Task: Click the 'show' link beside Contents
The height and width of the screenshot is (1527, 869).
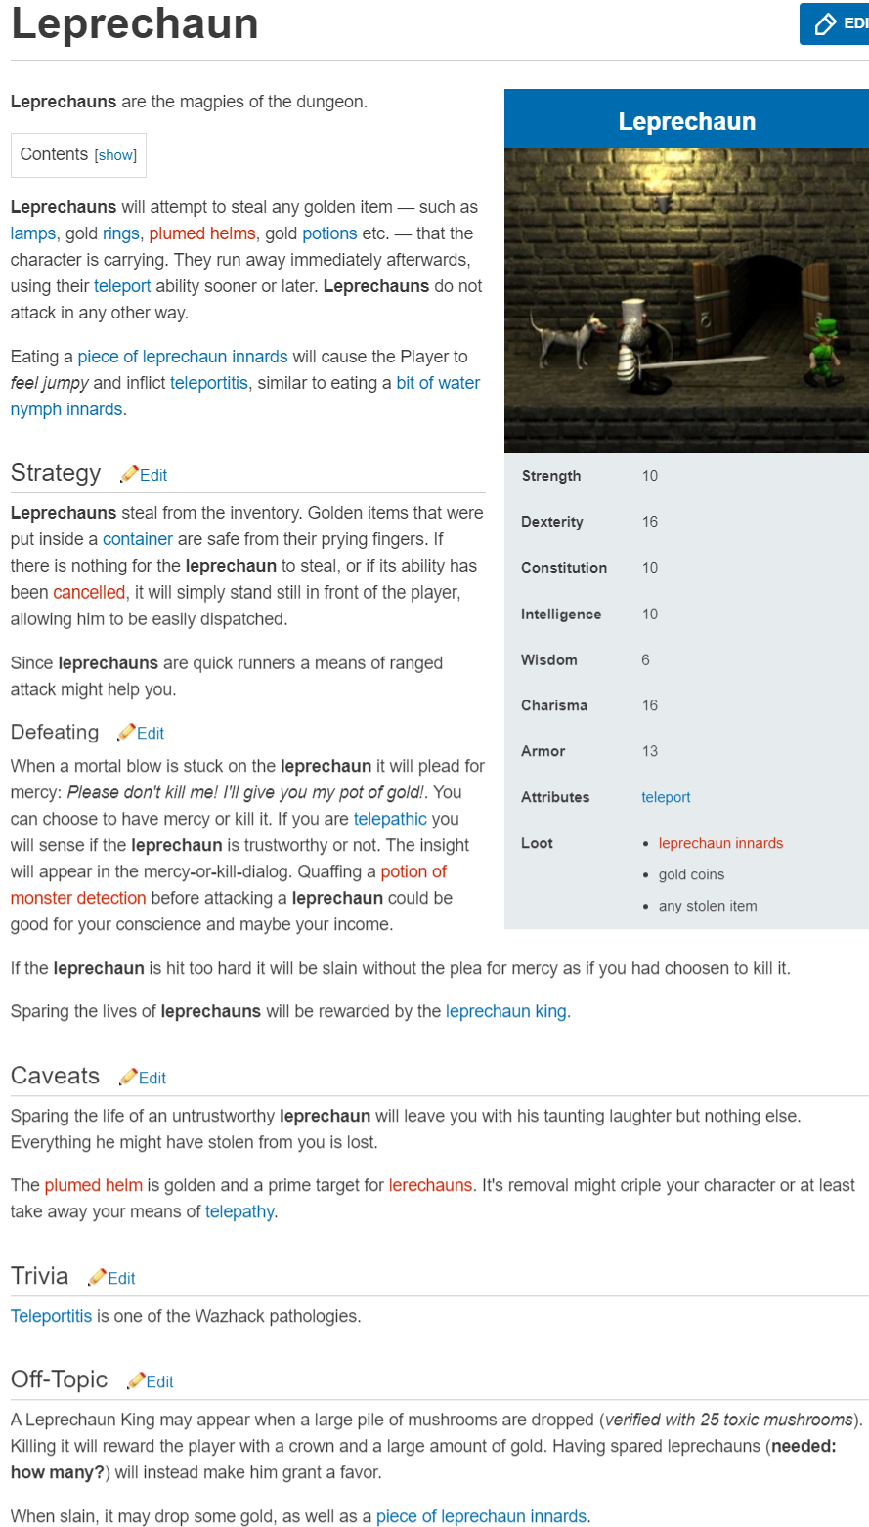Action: (115, 155)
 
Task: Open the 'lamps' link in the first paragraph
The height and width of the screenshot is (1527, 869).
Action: (33, 233)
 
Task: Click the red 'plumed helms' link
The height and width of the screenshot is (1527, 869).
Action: (202, 233)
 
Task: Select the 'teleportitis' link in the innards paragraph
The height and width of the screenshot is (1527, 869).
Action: (209, 383)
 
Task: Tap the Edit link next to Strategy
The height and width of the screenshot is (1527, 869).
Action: (153, 475)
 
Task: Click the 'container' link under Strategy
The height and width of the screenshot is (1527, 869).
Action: (138, 539)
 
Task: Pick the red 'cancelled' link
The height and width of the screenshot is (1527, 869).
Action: (89, 592)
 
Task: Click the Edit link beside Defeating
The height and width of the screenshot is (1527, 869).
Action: (151, 733)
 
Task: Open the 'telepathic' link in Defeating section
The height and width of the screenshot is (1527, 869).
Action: (390, 819)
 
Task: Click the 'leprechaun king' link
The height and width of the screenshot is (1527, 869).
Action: (505, 1011)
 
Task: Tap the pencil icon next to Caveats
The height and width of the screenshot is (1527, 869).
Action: (128, 1077)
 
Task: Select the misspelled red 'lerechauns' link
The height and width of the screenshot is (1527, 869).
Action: (430, 1185)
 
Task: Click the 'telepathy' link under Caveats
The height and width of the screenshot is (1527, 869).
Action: (239, 1211)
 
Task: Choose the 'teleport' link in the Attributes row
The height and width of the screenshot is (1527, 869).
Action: (666, 797)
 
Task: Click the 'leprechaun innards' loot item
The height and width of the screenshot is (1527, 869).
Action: (720, 843)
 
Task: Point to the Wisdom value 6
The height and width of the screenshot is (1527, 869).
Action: (645, 659)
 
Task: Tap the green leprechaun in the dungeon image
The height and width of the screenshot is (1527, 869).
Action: (820, 351)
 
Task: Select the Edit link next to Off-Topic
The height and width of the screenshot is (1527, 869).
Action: (159, 1381)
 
